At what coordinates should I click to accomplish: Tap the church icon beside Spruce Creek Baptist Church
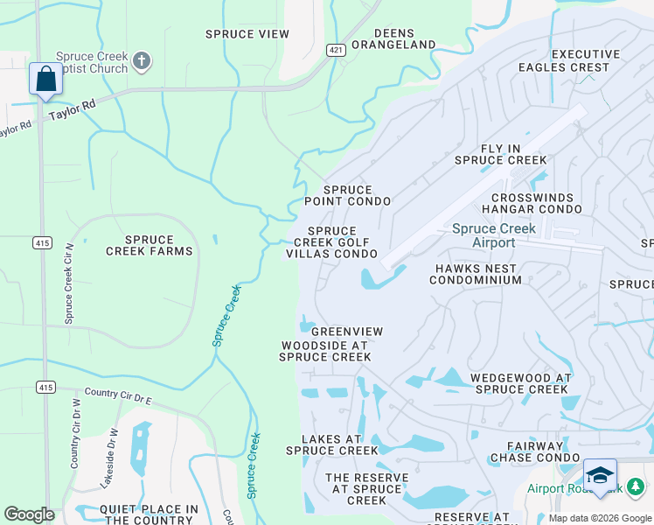(143, 61)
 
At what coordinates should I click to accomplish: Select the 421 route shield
(336, 50)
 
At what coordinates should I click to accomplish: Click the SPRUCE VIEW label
(247, 34)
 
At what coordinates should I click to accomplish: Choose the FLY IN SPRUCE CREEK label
(500, 155)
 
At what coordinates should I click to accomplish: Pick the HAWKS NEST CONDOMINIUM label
(475, 274)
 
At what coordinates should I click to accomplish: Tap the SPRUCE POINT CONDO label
(347, 195)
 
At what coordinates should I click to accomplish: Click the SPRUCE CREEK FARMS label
(150, 245)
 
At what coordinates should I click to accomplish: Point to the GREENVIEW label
(347, 332)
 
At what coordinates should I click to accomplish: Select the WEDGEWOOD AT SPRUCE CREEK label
(520, 383)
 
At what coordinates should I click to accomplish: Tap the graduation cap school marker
(600, 475)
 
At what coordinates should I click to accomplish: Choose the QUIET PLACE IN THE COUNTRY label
(149, 514)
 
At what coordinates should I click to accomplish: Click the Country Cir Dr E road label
(117, 395)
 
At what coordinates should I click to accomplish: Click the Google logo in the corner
(29, 514)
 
